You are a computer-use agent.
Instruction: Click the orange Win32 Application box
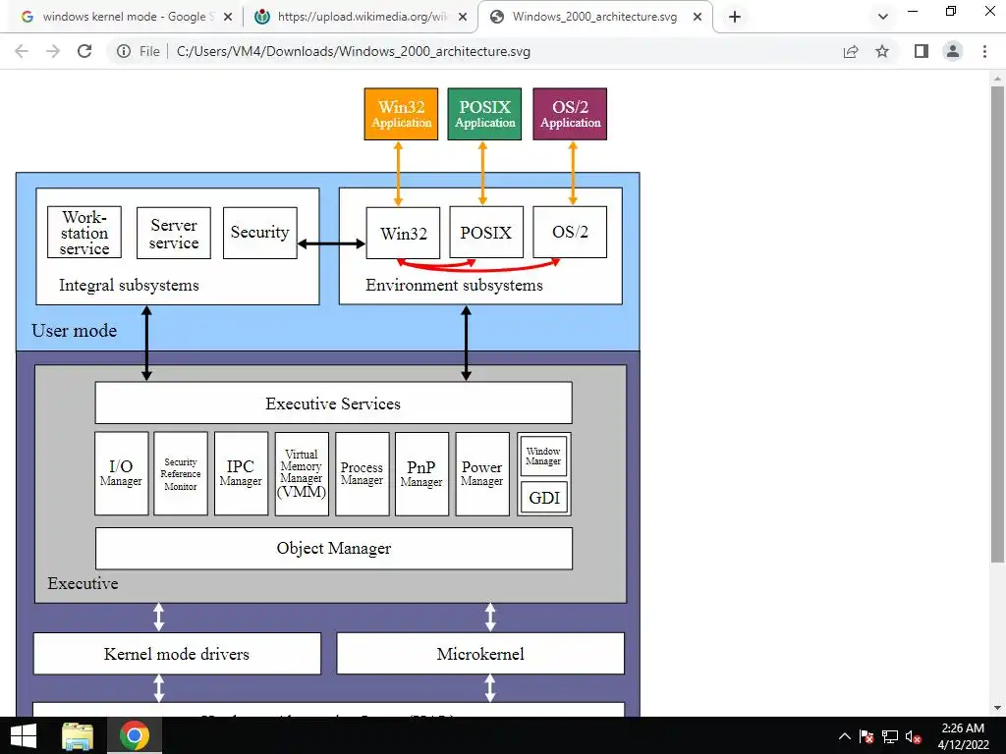point(401,114)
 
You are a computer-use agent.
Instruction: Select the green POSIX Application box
point(484,114)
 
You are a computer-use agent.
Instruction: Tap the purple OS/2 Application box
point(570,114)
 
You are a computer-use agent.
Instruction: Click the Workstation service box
point(84,233)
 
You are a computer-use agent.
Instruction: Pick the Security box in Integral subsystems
point(259,233)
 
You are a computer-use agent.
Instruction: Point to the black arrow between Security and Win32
point(331,243)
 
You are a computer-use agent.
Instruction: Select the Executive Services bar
point(333,403)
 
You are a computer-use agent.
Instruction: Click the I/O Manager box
point(121,473)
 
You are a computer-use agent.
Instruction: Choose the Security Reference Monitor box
point(181,473)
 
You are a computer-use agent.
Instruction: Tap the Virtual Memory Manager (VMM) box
point(302,473)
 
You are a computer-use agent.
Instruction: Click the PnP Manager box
point(421,473)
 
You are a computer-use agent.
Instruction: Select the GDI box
point(543,497)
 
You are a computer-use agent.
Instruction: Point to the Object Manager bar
point(333,548)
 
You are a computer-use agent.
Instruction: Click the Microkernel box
point(480,653)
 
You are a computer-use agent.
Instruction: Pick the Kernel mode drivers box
point(177,653)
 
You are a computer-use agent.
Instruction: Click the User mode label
point(75,331)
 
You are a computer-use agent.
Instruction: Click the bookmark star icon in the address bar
point(882,51)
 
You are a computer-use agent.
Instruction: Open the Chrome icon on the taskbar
point(135,735)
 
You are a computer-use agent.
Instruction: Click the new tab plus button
point(735,17)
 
